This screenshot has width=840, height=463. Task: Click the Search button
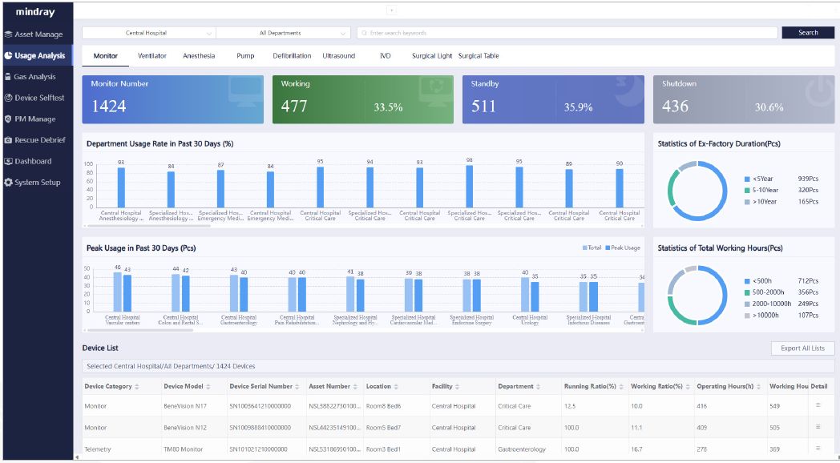pos(808,33)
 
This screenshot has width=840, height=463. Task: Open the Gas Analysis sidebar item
pos(34,77)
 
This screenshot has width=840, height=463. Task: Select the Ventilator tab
pos(151,56)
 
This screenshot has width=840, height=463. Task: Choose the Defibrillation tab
pos(292,56)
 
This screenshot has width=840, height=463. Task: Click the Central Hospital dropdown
pos(148,33)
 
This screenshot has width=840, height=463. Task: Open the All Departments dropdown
pos(283,33)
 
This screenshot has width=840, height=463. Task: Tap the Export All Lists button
pos(802,348)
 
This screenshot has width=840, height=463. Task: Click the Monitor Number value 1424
pos(108,107)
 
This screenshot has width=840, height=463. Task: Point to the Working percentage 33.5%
pos(388,107)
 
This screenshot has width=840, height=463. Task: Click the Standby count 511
pos(483,107)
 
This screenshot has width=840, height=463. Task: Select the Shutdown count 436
pos(675,107)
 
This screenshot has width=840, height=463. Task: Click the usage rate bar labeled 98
pos(469,186)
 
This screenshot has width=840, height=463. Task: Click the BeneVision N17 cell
pos(185,406)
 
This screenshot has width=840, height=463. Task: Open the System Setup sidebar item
pos(37,183)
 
